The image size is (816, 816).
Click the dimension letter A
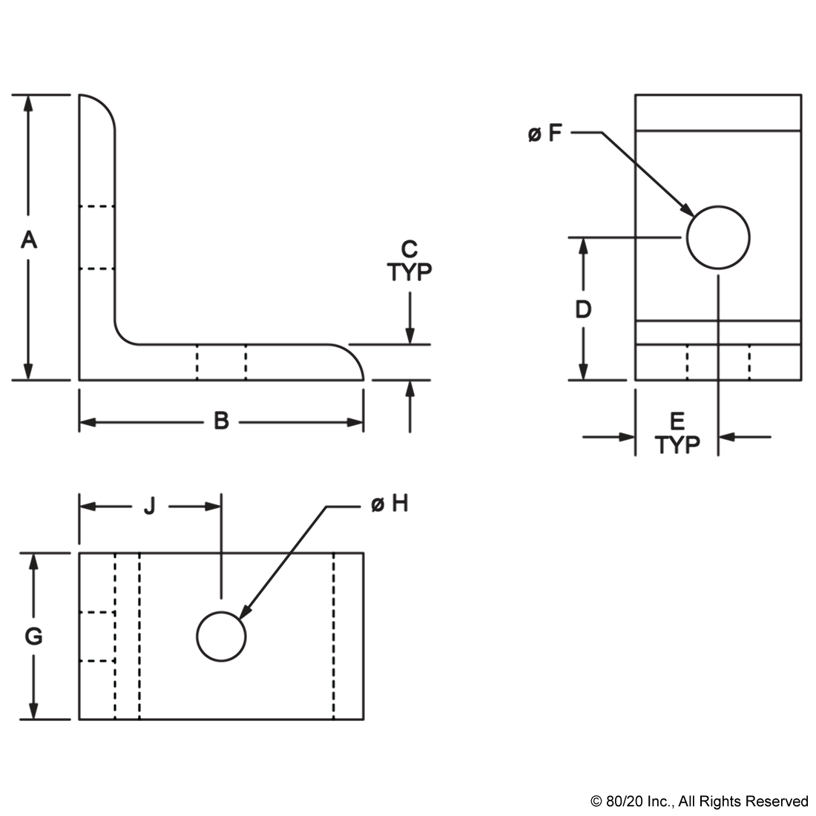(x=29, y=240)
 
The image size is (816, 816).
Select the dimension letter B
(x=221, y=421)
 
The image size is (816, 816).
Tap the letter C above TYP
(x=409, y=249)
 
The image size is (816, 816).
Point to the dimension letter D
(x=583, y=309)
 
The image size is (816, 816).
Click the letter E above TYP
(x=677, y=421)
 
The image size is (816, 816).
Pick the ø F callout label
(x=545, y=134)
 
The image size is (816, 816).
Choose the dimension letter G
(x=34, y=636)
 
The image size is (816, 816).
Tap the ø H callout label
(x=389, y=504)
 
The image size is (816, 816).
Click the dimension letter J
(x=149, y=506)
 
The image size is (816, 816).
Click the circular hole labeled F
(x=718, y=237)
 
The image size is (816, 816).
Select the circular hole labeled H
(x=221, y=636)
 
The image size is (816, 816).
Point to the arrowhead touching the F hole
(x=687, y=210)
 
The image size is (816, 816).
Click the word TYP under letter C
(x=409, y=272)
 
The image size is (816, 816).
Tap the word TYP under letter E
(x=677, y=444)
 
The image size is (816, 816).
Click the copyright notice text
(x=700, y=800)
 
